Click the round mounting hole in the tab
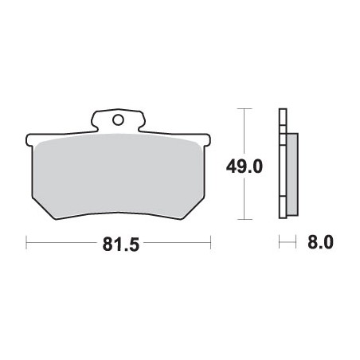(118, 121)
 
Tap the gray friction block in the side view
(292, 174)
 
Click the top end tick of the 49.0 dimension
(244, 108)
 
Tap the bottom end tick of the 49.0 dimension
(244, 221)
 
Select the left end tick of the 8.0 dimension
(280, 241)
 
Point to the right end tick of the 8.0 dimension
(296, 241)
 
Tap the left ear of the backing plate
(32, 142)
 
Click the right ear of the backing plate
(205, 142)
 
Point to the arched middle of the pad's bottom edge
(119, 213)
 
